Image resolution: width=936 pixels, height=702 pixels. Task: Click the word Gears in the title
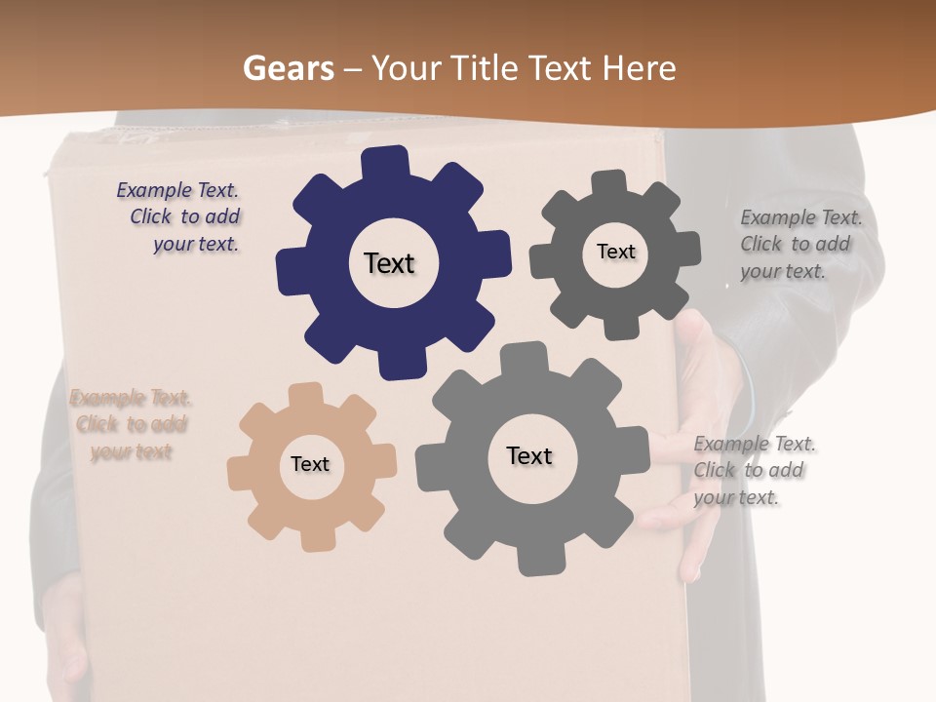click(288, 68)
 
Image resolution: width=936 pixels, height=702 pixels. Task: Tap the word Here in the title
click(640, 68)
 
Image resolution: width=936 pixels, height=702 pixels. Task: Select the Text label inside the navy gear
click(389, 263)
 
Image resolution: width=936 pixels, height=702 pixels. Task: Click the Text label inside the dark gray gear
click(615, 252)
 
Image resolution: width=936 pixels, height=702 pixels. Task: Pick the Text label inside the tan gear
click(310, 464)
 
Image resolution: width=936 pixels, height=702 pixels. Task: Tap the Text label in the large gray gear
click(529, 455)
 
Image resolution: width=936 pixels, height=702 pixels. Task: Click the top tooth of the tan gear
click(306, 394)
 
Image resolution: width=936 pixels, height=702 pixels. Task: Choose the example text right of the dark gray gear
click(799, 244)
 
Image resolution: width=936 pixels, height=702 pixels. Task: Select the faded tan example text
click(131, 424)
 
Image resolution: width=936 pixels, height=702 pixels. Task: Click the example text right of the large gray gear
click(753, 470)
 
